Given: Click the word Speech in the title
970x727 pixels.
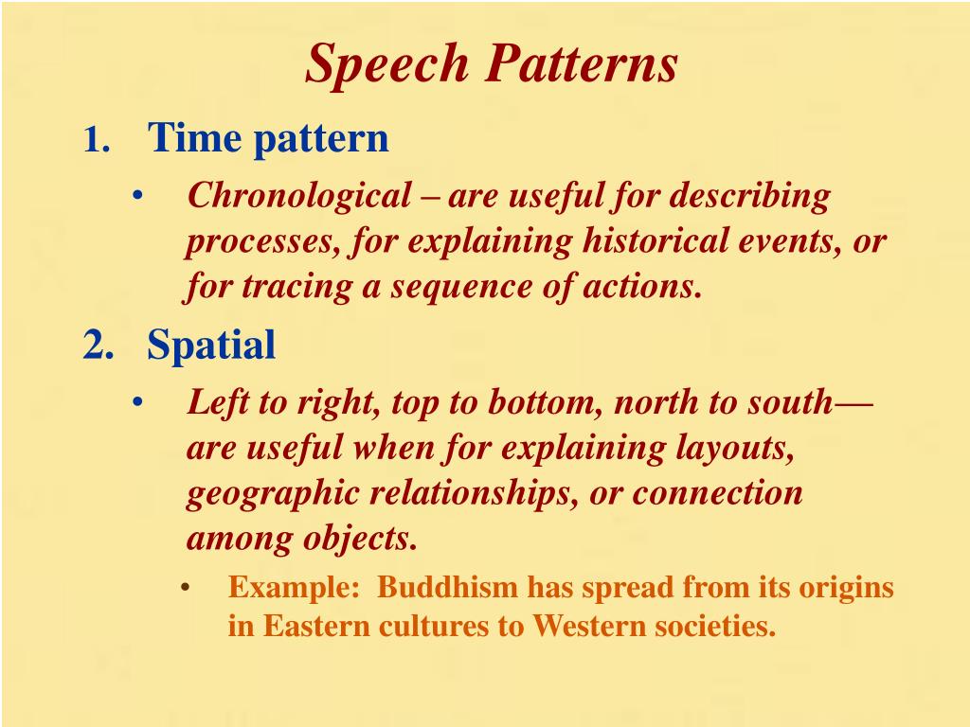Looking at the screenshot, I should (387, 65).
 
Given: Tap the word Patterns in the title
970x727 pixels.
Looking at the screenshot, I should (582, 63).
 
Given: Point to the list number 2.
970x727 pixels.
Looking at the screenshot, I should (98, 346).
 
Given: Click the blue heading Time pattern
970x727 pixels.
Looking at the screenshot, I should (268, 138).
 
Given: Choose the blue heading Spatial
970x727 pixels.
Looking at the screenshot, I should (211, 346).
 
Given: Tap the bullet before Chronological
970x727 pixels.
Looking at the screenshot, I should (138, 197).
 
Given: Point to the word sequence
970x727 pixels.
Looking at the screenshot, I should (455, 287).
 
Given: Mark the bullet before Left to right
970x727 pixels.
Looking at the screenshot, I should (138, 403).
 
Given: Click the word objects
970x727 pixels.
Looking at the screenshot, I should (360, 539).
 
